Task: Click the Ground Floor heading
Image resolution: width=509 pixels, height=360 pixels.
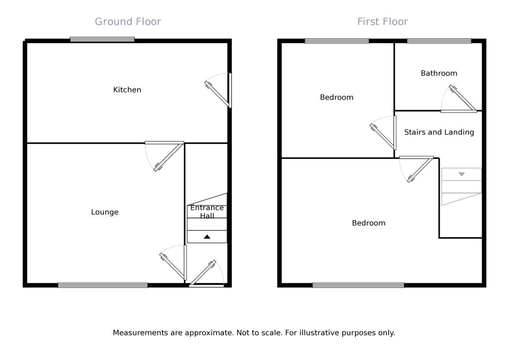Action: [x=127, y=22]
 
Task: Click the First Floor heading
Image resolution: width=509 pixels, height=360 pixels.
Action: [x=382, y=22]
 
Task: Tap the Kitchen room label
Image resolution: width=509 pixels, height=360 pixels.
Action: [x=127, y=90]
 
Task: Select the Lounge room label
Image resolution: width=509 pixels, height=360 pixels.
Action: [x=105, y=212]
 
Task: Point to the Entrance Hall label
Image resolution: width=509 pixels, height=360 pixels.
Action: [x=207, y=211]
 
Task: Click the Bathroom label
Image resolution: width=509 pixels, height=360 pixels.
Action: [x=439, y=73]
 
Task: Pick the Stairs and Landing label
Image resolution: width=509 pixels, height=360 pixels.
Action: [x=439, y=132]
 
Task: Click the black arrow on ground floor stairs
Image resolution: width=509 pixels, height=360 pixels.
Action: [x=207, y=237]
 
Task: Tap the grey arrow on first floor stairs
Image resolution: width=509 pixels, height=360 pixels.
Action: [x=461, y=174]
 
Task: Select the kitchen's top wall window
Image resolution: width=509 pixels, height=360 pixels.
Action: [x=102, y=40]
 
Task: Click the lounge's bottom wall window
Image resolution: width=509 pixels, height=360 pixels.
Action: [x=103, y=285]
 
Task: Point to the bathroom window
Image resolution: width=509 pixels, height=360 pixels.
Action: [x=439, y=41]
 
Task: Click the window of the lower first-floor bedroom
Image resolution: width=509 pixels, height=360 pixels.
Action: [x=358, y=285]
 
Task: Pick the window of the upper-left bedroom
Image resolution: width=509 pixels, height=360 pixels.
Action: [x=337, y=41]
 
